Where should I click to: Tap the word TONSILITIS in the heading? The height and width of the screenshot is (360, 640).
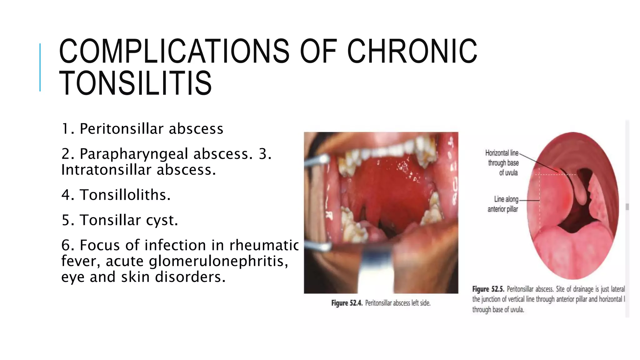[135, 83]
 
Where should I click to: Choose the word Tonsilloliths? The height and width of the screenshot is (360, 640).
[125, 195]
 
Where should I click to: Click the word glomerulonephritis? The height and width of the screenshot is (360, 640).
[218, 261]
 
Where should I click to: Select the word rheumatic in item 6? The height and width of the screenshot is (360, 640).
[264, 245]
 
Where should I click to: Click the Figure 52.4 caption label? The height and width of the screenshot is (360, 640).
[347, 303]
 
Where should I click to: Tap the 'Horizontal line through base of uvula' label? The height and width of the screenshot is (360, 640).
[502, 162]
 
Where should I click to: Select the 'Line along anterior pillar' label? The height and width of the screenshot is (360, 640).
[503, 204]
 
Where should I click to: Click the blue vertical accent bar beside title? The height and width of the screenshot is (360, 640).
[40, 67]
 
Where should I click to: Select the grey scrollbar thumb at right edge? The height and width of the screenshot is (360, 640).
[627, 207]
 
